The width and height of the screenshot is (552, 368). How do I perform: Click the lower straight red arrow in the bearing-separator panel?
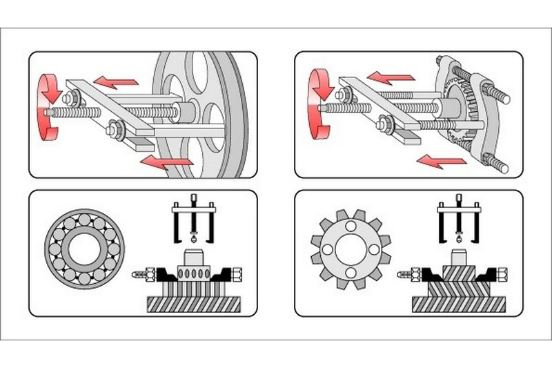point(441,161)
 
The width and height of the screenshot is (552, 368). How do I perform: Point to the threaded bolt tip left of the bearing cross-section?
point(139,275)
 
